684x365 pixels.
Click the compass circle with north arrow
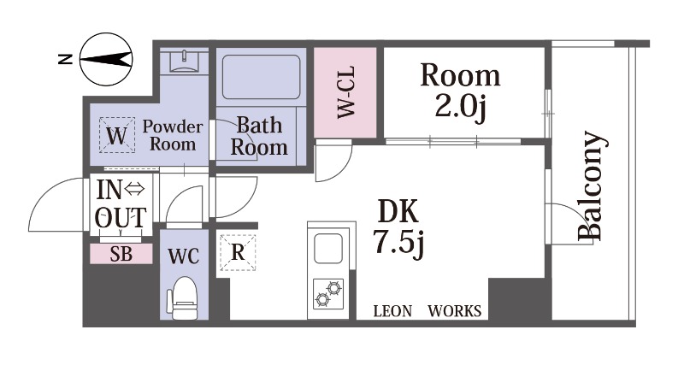[106, 59]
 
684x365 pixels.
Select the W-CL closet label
[346, 92]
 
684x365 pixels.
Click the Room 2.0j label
[460, 92]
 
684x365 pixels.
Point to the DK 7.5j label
[398, 230]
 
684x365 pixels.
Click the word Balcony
[592, 186]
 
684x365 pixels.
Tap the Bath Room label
[259, 137]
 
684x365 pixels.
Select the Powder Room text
[173, 135]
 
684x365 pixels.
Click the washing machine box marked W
[116, 136]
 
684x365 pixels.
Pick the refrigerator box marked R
[238, 252]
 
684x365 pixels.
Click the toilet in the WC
[183, 298]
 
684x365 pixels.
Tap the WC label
[184, 256]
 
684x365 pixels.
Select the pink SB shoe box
[121, 254]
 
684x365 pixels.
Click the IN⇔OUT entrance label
[121, 204]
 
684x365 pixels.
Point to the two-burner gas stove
[328, 293]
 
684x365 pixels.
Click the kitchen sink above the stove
[328, 248]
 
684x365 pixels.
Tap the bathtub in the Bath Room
[261, 77]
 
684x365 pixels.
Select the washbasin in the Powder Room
[184, 60]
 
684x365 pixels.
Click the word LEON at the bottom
[392, 311]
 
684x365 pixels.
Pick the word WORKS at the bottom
[455, 311]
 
